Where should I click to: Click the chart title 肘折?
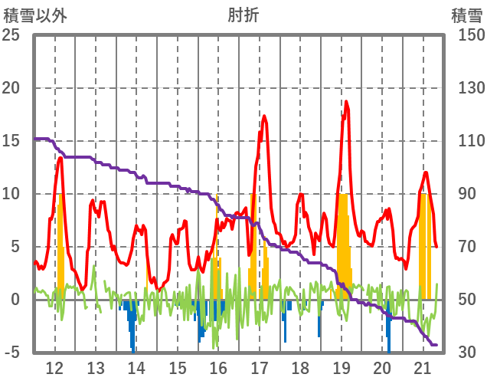point(243,15)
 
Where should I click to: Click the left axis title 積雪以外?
point(35,15)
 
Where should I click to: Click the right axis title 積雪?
point(465,15)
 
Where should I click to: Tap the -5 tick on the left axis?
point(14,353)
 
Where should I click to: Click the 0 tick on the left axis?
point(15,300)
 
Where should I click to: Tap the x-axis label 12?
point(55,368)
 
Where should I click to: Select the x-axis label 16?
point(218,368)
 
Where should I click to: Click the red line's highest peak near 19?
point(346,102)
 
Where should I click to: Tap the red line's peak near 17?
point(264,117)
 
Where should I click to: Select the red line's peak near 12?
point(60,158)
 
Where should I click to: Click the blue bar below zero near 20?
point(388,330)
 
